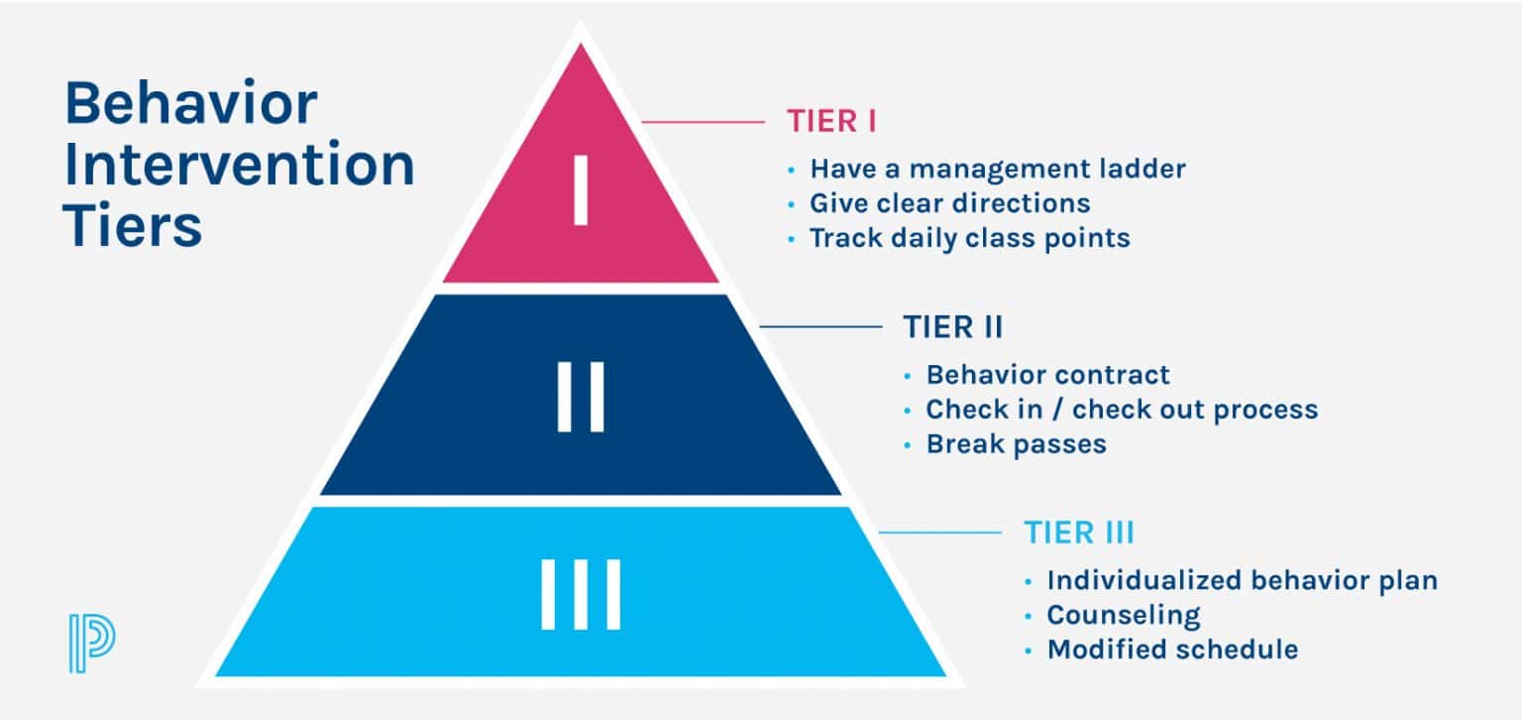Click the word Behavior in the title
(191, 104)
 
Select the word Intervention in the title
(240, 166)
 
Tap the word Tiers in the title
(133, 226)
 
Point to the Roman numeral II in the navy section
(581, 397)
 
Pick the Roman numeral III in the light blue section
(581, 594)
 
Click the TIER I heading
(832, 121)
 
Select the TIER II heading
(952, 327)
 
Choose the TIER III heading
(1078, 533)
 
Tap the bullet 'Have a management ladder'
(997, 169)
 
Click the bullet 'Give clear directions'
(949, 203)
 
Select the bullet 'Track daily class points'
(969, 238)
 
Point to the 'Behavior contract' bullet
(1047, 375)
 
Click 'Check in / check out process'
(1121, 410)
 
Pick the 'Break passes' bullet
(1016, 444)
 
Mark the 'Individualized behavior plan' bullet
(1242, 580)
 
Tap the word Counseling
(1124, 615)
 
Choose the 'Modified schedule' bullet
(1172, 650)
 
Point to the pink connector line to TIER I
(704, 122)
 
